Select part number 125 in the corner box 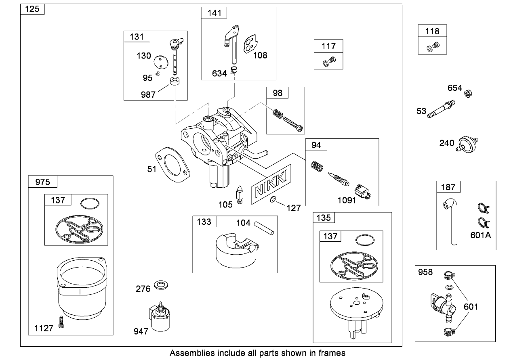(32, 9)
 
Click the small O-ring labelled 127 (273, 200)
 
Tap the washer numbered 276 (162, 286)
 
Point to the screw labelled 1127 (62, 321)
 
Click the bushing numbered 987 (175, 84)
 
